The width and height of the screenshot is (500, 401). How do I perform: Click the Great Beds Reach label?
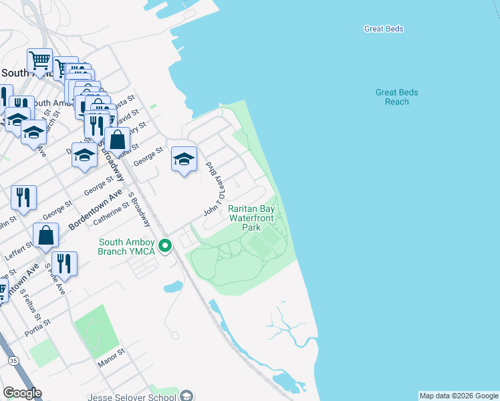397,97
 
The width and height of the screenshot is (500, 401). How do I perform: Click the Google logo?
22,393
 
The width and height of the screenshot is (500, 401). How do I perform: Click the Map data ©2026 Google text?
459,396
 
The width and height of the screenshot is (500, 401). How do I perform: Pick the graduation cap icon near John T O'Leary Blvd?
184,159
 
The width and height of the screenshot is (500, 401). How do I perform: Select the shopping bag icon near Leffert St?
46,235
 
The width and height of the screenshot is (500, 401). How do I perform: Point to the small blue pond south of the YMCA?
172,287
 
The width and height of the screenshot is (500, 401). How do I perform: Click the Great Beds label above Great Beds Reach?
384,29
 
